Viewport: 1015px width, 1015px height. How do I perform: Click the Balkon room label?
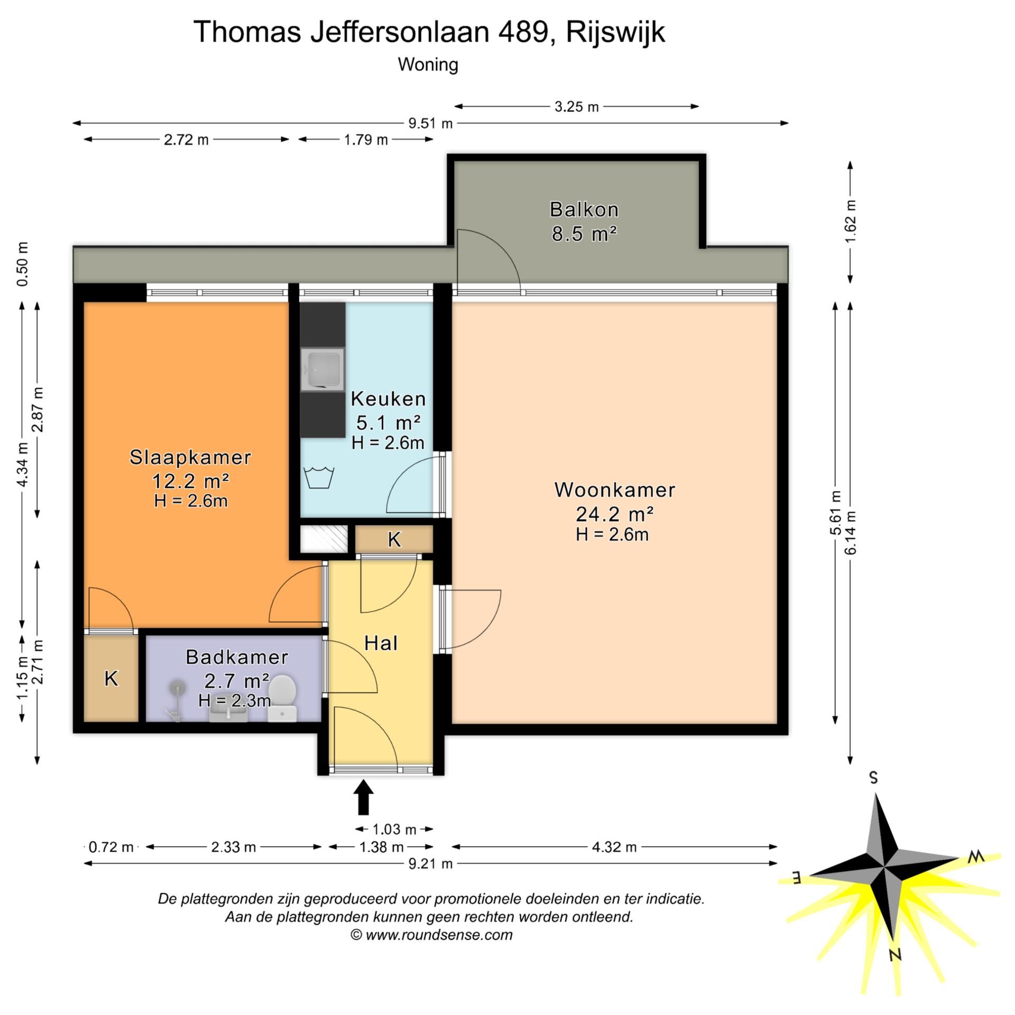584,210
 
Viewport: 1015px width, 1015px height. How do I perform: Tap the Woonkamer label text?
614,490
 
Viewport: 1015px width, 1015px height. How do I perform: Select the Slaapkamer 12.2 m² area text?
190,482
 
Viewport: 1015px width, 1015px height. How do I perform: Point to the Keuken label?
388,399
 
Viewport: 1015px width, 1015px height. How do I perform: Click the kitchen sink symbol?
322,369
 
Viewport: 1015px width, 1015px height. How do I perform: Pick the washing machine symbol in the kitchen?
319,477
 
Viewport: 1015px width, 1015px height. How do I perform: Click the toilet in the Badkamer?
282,697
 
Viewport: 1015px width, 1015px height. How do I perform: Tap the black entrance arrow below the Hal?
364,798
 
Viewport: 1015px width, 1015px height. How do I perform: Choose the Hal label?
381,643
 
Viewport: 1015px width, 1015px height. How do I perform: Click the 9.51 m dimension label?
430,124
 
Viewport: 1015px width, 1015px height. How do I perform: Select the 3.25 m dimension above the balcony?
576,107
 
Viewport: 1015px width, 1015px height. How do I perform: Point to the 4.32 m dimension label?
614,847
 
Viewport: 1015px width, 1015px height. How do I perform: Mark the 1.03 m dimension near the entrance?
394,829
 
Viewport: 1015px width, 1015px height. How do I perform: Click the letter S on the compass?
874,778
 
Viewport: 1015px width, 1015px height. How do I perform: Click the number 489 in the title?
522,32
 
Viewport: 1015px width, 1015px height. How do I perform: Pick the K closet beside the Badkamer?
111,678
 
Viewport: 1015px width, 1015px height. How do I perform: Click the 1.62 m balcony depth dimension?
850,222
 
